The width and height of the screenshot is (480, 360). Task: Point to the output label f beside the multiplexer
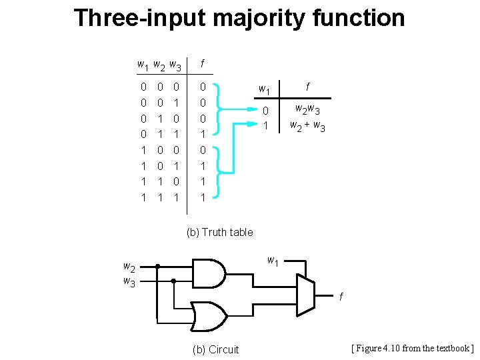click(341, 296)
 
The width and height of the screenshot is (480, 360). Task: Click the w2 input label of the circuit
click(129, 267)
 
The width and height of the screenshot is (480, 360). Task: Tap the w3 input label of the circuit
click(129, 281)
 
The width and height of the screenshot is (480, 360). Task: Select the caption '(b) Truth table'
click(219, 232)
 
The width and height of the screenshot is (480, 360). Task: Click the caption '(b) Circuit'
click(215, 349)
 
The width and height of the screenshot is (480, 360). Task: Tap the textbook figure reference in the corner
click(412, 348)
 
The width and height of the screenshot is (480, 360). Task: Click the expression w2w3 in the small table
click(309, 110)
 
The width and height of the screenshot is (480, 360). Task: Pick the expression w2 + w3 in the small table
click(307, 125)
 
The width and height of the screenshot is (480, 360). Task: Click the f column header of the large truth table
click(202, 64)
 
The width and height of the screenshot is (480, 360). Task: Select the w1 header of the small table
click(265, 89)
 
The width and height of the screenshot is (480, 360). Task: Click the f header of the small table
click(307, 87)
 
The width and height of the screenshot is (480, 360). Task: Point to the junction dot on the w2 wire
click(158, 266)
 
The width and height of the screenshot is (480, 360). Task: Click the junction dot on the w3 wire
click(173, 281)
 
